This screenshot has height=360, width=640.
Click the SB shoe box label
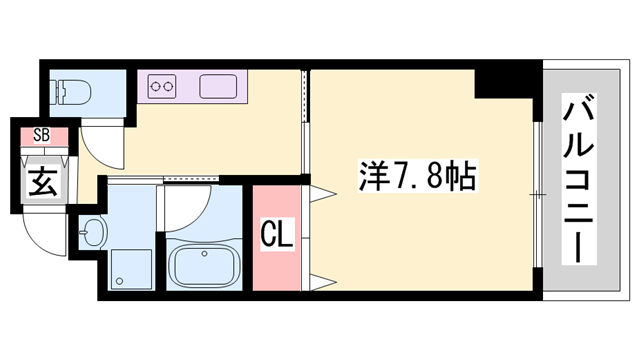coord(42,133)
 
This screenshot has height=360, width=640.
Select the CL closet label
coord(276,237)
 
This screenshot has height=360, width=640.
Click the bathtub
coord(205,266)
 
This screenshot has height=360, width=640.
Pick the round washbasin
coord(93,235)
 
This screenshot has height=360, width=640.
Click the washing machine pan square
coord(130,268)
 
